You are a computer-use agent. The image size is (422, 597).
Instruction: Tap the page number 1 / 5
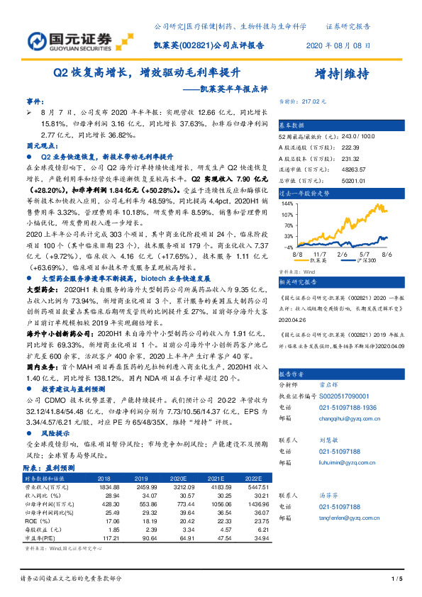point(396,580)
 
